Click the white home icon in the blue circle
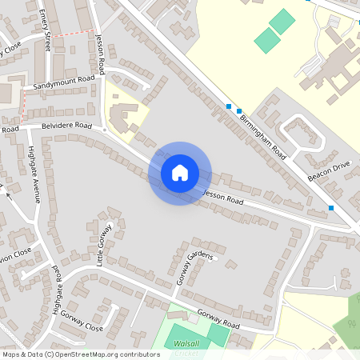(x=180, y=173)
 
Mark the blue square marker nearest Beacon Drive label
(x=331, y=208)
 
